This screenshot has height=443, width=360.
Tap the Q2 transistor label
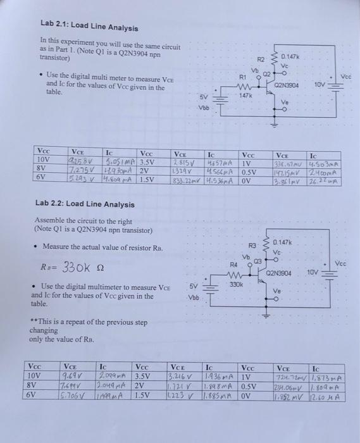coord(268,73)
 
